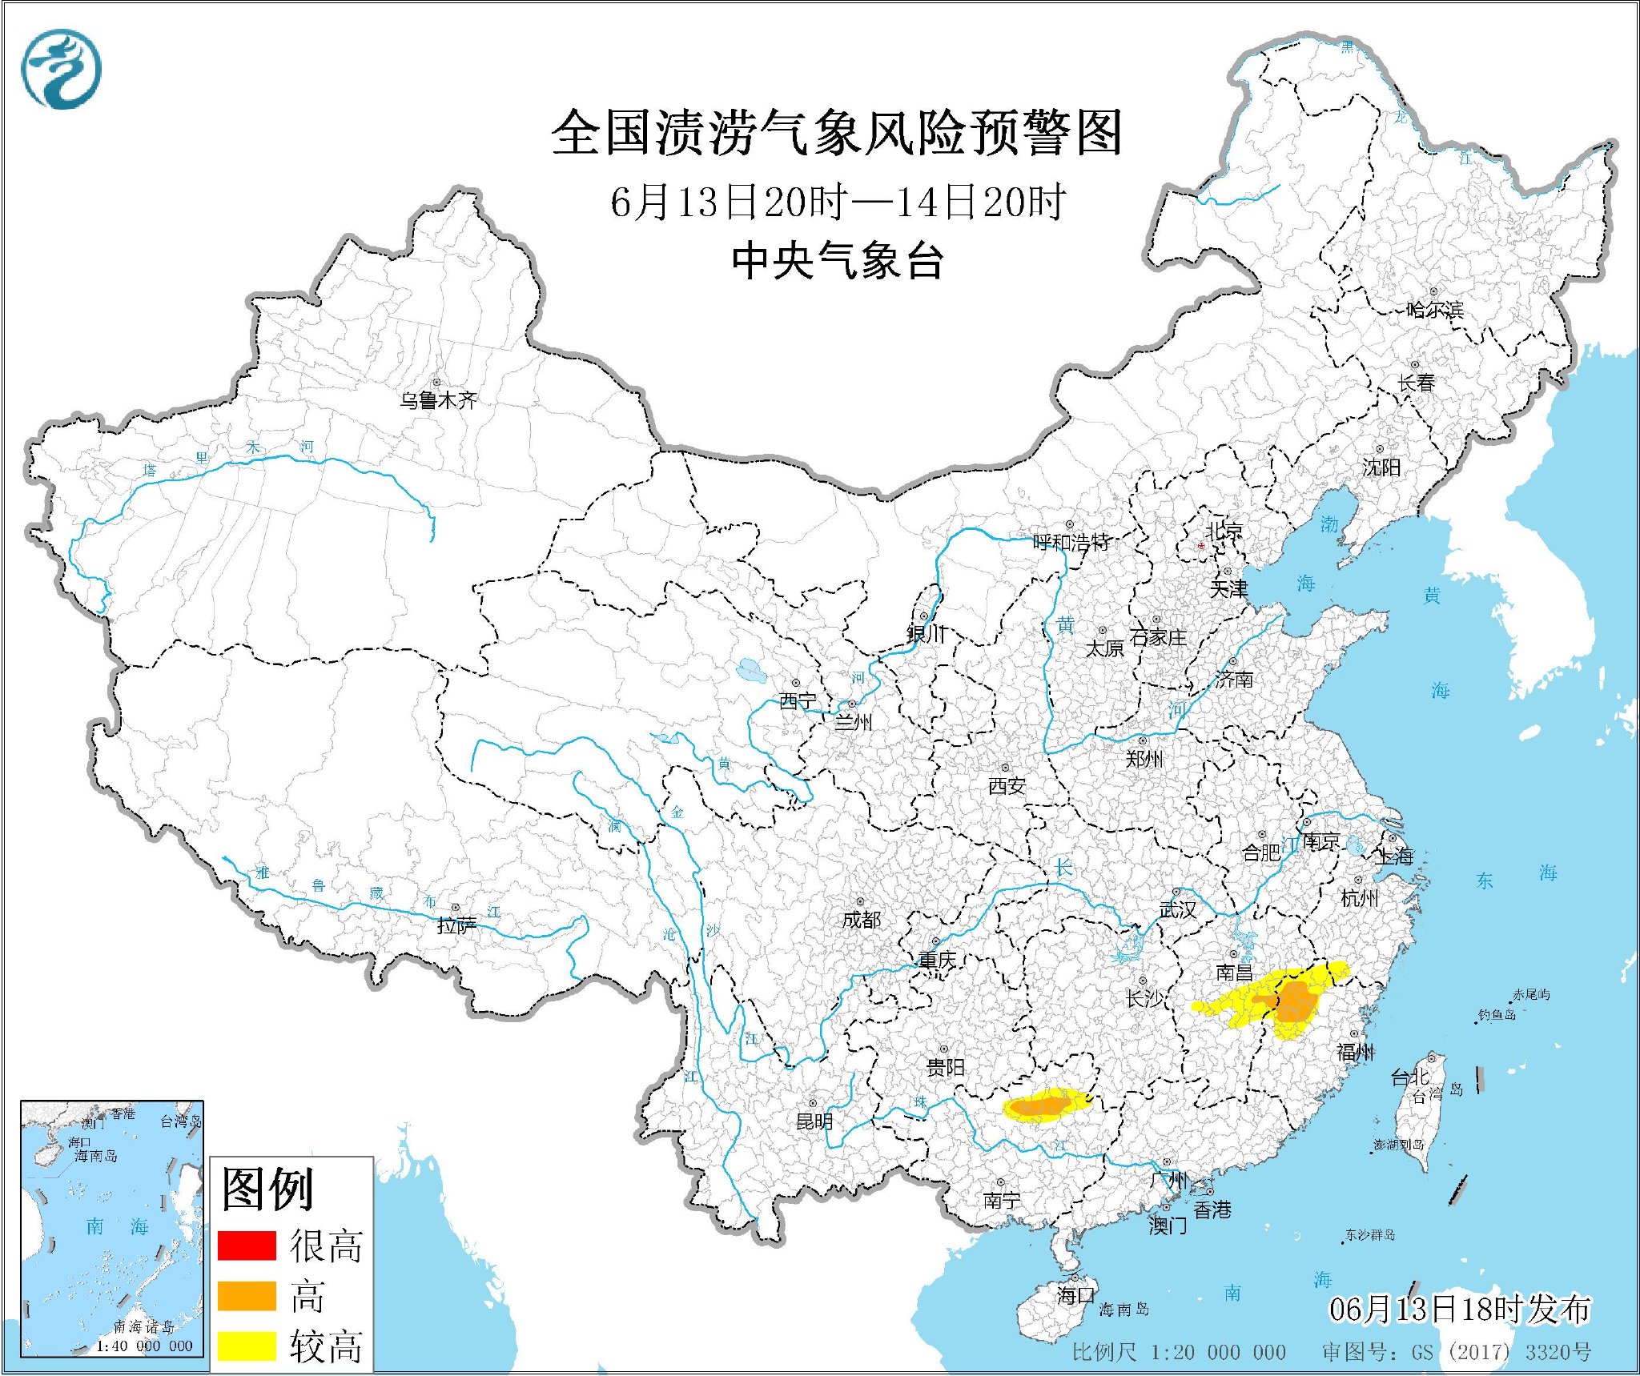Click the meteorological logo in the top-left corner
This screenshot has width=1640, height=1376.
tap(61, 70)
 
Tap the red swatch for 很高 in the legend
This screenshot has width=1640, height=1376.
tap(247, 1246)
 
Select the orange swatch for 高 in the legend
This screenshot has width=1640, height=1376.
tap(247, 1295)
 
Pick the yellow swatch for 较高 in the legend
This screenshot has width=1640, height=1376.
tap(247, 1345)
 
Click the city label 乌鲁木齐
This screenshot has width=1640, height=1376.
tap(438, 400)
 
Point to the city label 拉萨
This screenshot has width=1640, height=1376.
tap(456, 925)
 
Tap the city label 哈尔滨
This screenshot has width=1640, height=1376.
tap(1434, 310)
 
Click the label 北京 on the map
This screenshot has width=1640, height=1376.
tap(1224, 530)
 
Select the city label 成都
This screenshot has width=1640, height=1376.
tap(861, 920)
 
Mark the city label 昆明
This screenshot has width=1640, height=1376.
tap(814, 1121)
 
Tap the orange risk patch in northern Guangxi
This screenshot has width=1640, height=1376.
tap(1042, 1106)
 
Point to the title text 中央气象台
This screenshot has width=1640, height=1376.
tap(838, 261)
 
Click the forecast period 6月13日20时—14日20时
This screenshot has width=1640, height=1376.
tap(838, 202)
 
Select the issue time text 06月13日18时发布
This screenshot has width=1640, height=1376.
tap(1459, 1310)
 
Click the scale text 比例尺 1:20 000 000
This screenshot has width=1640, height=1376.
tap(1179, 1352)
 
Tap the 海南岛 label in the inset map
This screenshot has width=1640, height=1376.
tap(96, 1156)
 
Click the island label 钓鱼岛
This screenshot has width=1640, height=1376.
tap(1497, 1015)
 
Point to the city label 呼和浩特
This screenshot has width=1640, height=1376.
tap(1071, 542)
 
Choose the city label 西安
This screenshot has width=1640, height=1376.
tap(1007, 786)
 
